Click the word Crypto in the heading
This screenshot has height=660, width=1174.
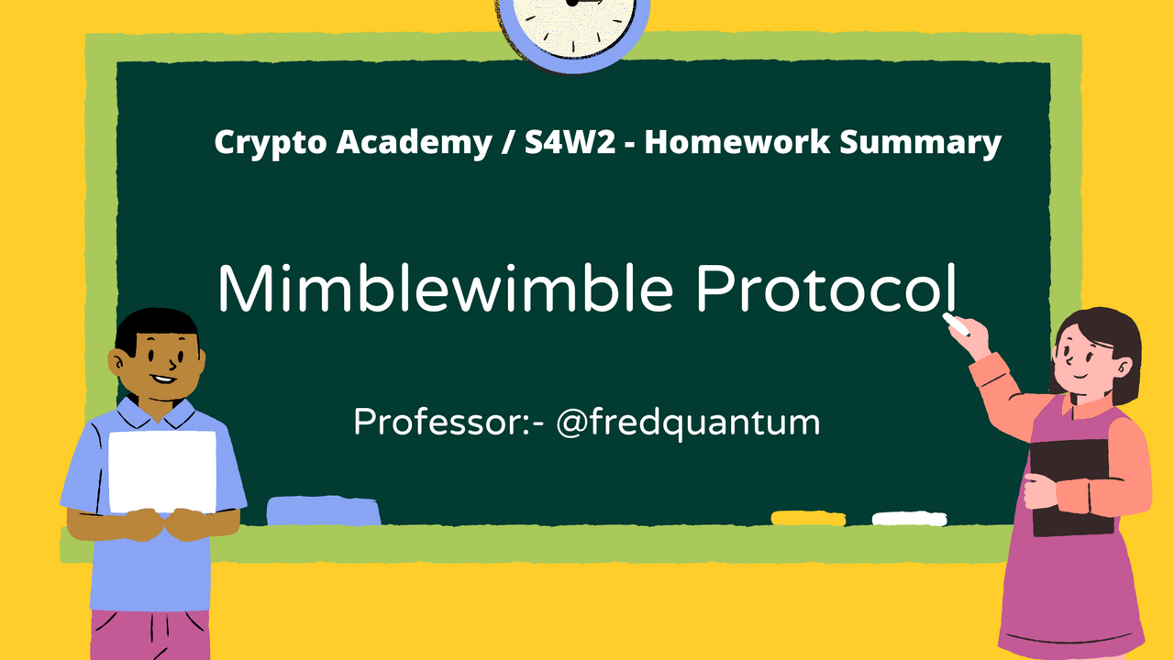[271, 142]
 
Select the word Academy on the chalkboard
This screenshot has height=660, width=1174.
[414, 142]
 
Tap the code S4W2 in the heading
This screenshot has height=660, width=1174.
[570, 141]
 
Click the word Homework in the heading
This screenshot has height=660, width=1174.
[737, 141]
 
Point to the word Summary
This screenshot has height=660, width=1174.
[920, 142]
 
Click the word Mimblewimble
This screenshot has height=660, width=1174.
[445, 288]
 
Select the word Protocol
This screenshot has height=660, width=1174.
[826, 288]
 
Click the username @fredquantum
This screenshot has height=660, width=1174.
[688, 423]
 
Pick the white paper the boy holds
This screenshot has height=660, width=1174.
[162, 471]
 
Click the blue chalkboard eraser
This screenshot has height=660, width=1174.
[324, 511]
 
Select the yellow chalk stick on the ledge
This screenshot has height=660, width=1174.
[808, 518]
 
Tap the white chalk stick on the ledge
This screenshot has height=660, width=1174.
[909, 519]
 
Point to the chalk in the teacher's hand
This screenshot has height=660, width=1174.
[956, 324]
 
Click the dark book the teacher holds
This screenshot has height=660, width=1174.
[1072, 487]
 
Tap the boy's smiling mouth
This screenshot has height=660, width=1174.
[163, 379]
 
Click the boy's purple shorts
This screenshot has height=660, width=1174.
[150, 635]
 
